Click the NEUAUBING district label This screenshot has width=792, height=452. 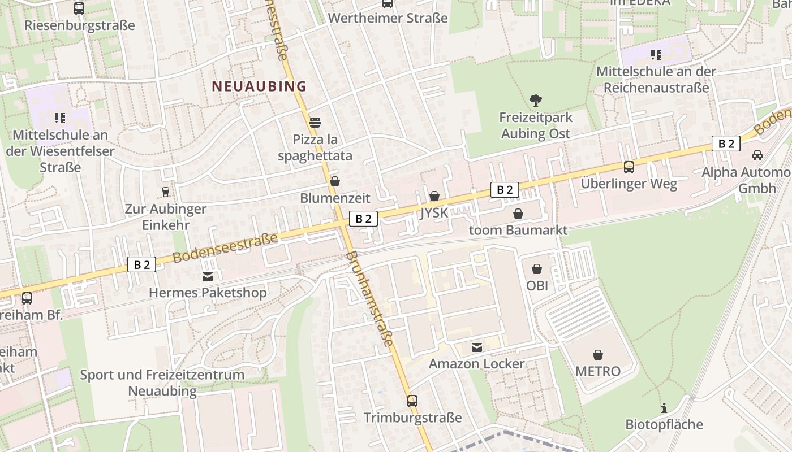(x=259, y=86)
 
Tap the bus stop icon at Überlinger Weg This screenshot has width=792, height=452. (x=629, y=167)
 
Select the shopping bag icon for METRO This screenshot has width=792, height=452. (x=597, y=355)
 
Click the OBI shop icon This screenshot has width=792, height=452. (x=536, y=269)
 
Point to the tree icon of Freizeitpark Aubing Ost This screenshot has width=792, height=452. (x=535, y=101)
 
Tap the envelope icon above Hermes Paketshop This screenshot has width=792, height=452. (x=207, y=276)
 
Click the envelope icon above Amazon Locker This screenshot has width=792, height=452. (x=476, y=347)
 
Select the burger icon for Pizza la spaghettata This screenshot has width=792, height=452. (x=315, y=122)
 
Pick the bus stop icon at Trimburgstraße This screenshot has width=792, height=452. (x=412, y=401)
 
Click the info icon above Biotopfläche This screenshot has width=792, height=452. (x=664, y=408)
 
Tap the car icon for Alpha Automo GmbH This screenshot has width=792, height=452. (x=757, y=155)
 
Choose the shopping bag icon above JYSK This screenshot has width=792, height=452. (x=434, y=196)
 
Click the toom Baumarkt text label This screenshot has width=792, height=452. (x=518, y=230)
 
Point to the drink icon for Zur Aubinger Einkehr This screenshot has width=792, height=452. (x=165, y=192)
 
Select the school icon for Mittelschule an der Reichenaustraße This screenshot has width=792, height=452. (x=656, y=55)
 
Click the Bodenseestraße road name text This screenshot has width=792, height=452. (x=225, y=247)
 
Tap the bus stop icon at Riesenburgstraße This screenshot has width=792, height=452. (x=79, y=8)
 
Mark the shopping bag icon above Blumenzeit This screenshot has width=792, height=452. (x=334, y=181)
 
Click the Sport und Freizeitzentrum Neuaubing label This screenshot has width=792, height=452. (x=162, y=383)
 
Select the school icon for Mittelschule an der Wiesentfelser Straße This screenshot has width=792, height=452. (x=60, y=118)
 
